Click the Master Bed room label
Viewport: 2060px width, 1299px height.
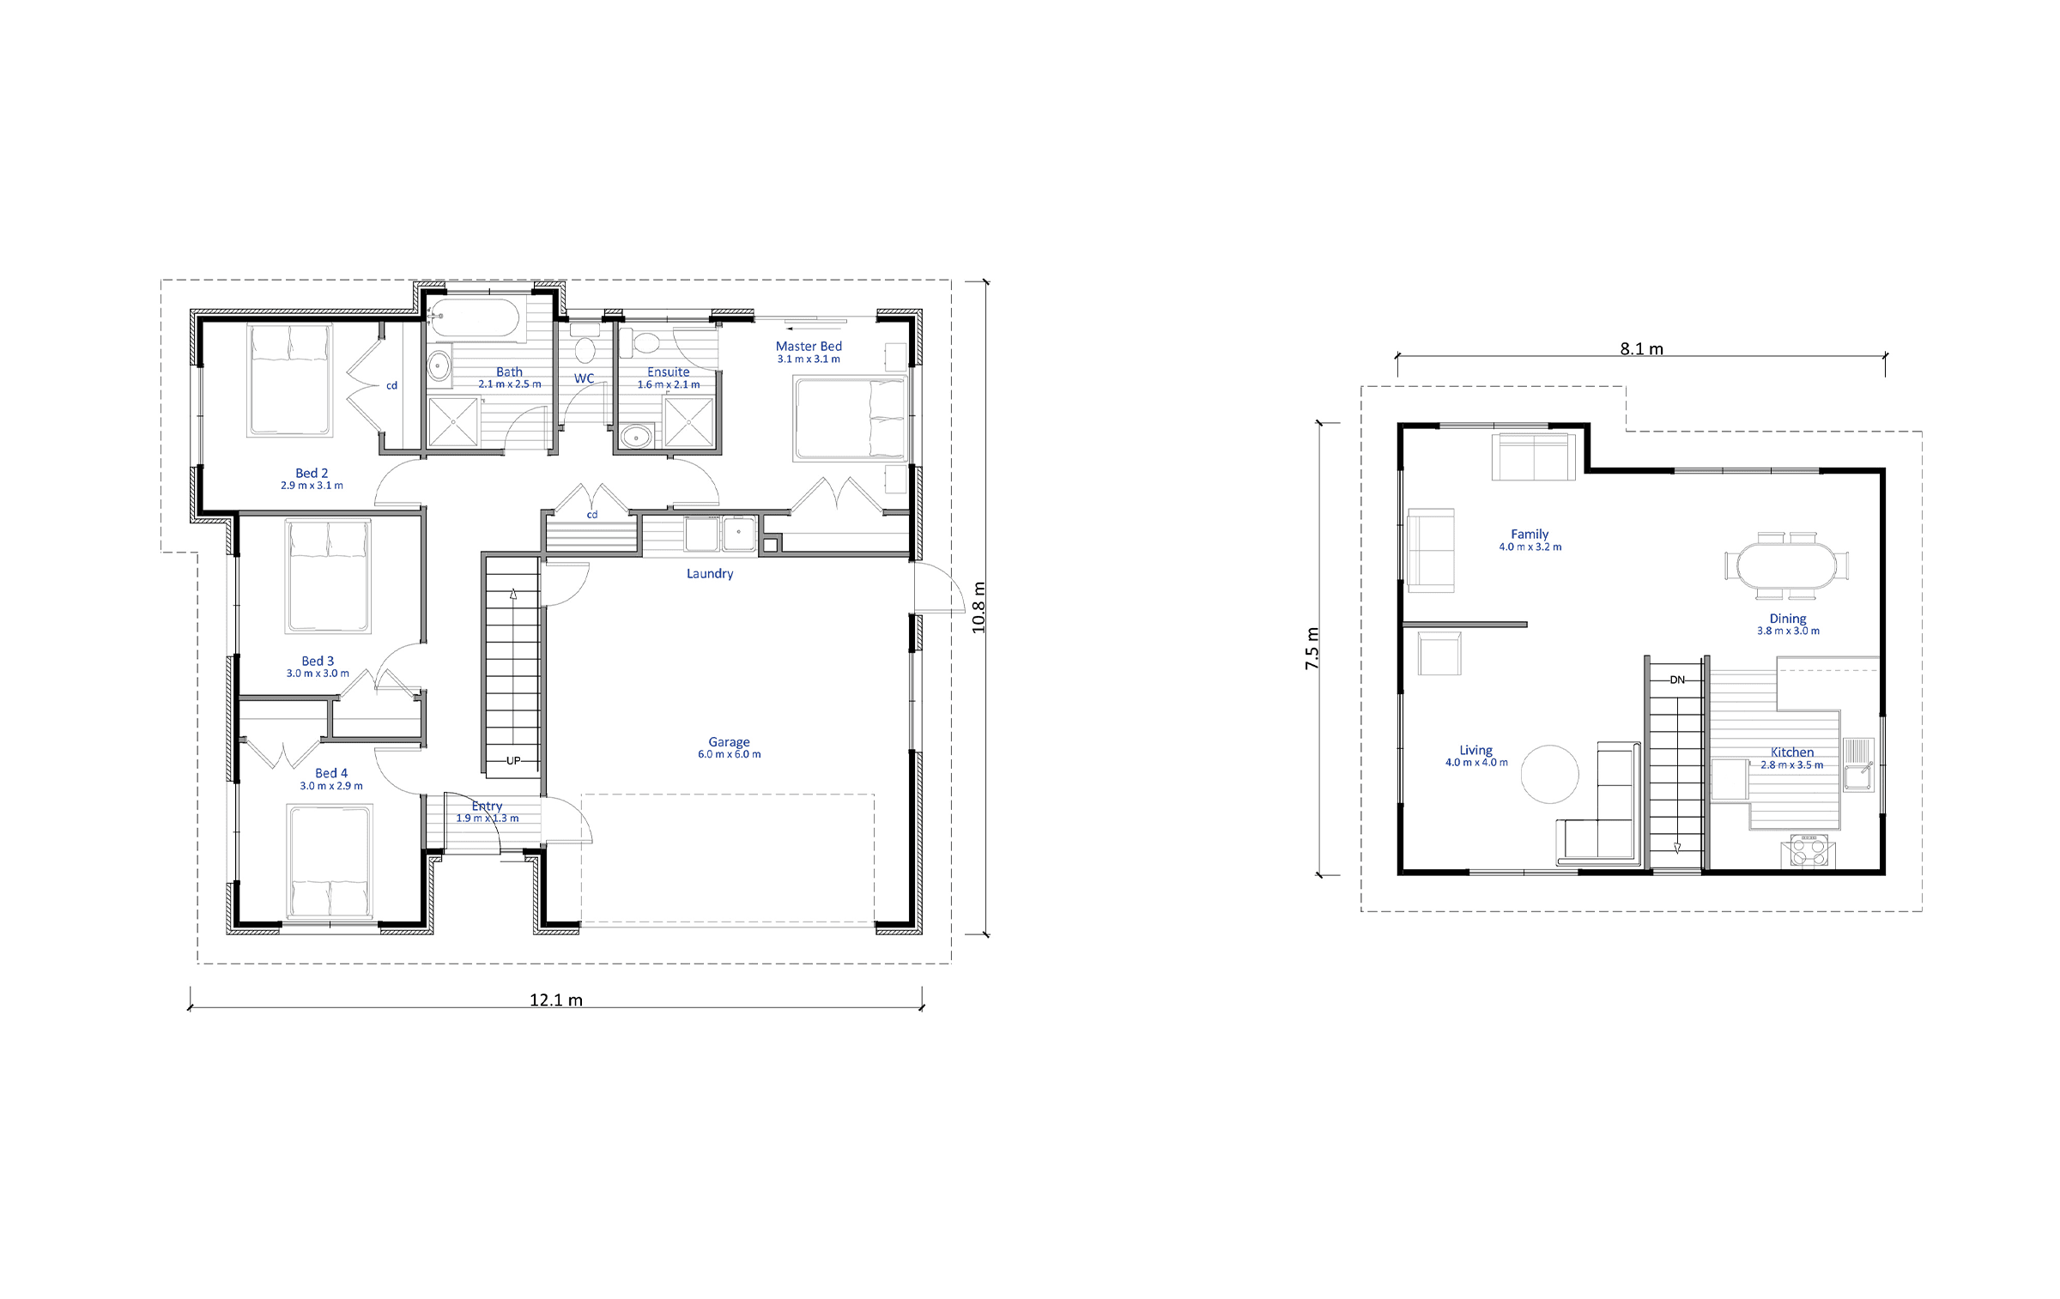click(x=809, y=347)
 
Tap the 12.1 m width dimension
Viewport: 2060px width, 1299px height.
click(x=556, y=1000)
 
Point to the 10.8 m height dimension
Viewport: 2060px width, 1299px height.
click(x=978, y=607)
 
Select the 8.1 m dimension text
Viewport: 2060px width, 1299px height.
click(x=1641, y=349)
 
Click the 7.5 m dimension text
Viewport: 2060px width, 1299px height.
click(x=1312, y=649)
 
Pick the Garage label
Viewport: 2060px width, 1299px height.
click(x=729, y=742)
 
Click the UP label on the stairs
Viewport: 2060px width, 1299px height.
click(x=513, y=760)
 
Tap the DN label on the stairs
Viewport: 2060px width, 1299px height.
click(x=1677, y=680)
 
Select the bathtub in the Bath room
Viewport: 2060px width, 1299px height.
click(x=475, y=318)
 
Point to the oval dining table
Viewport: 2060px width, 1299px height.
click(x=1786, y=566)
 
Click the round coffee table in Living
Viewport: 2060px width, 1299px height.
click(x=1549, y=774)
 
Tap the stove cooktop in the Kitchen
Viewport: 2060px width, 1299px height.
click(x=1808, y=851)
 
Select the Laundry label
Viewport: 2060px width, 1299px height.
click(x=710, y=573)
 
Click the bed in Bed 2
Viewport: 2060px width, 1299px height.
click(x=289, y=380)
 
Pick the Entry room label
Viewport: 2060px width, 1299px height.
click(x=487, y=807)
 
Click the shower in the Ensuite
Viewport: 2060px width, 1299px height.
click(x=689, y=423)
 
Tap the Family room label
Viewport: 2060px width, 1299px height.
click(x=1530, y=534)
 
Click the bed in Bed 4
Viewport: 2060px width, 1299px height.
click(x=330, y=861)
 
